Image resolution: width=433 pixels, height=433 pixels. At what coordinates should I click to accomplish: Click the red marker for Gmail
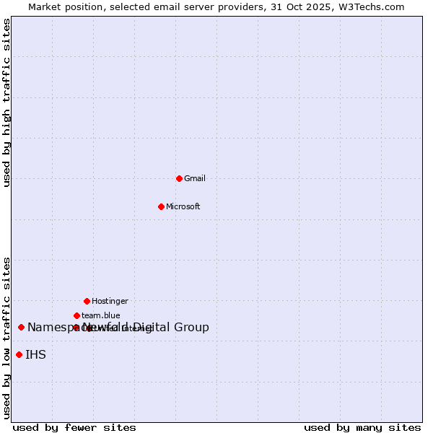coord(179,178)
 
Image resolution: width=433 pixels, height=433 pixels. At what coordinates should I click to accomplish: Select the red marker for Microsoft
coord(161,206)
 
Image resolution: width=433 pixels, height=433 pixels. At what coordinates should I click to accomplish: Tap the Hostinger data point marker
coord(87,301)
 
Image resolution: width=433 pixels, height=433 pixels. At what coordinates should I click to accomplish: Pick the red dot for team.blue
coord(76,315)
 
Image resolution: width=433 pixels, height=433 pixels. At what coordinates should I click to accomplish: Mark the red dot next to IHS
coord(19,354)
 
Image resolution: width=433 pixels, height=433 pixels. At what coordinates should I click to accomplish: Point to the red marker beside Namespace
coord(21,327)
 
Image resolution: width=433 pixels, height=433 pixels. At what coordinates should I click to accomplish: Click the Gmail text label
coord(195,178)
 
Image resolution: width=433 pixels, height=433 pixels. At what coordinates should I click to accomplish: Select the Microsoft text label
coord(183,206)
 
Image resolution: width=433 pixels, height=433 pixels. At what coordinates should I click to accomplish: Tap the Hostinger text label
coord(110,301)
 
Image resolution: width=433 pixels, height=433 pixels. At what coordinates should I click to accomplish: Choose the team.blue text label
coord(101,315)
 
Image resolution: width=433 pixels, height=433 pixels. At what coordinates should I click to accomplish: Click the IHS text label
coord(35,354)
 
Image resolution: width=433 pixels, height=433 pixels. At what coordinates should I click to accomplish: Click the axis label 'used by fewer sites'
coord(74,428)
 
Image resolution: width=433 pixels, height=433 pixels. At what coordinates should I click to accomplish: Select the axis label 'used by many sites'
coord(362,428)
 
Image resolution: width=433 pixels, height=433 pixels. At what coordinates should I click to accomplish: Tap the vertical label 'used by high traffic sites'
coord(7,102)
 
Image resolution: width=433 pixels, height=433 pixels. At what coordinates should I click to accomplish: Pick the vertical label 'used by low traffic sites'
coord(7,337)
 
